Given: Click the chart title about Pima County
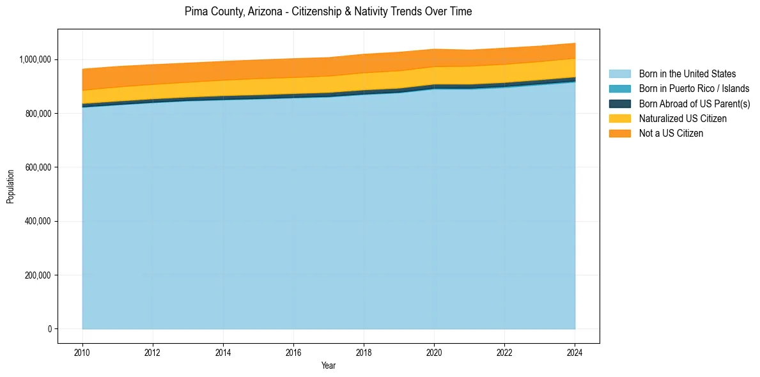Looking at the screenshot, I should (x=328, y=12).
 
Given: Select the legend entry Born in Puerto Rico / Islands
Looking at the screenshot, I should (x=694, y=89).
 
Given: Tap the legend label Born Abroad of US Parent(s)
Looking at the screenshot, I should (x=694, y=104).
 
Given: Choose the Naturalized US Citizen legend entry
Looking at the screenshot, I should (x=683, y=118).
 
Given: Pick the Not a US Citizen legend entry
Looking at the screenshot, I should (x=671, y=133).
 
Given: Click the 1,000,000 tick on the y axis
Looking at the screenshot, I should (x=36, y=59).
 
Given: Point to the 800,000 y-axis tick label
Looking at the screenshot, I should (x=39, y=114).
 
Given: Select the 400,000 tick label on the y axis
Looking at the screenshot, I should (x=39, y=222).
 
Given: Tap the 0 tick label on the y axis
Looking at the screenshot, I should (x=49, y=329).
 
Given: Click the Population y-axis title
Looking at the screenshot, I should (x=10, y=187).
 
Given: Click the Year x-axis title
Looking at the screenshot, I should (x=329, y=366).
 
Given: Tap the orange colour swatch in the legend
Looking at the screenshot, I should (x=619, y=133).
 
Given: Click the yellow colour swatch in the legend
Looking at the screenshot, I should (x=619, y=118).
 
